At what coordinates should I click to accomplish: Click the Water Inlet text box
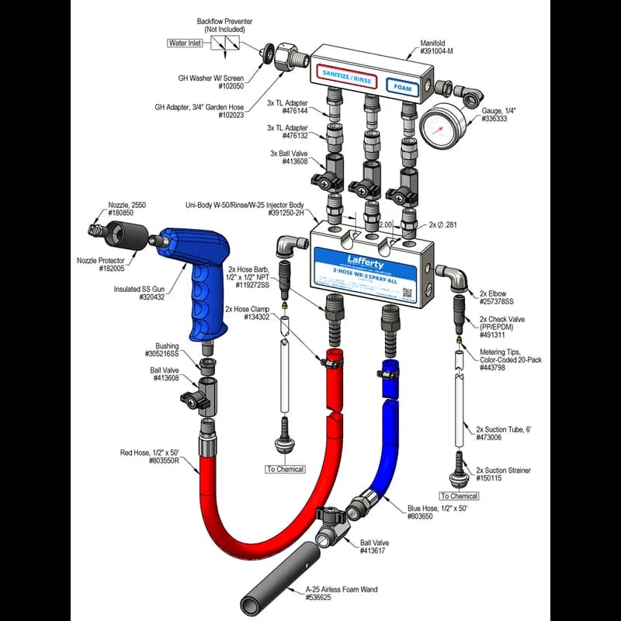pyautogui.click(x=185, y=43)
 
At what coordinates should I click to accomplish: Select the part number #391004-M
pyautogui.click(x=438, y=51)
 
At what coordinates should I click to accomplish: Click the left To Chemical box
pyautogui.click(x=285, y=469)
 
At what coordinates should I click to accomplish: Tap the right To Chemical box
pyautogui.click(x=459, y=495)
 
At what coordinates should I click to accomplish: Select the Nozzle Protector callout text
pyautogui.click(x=102, y=260)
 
